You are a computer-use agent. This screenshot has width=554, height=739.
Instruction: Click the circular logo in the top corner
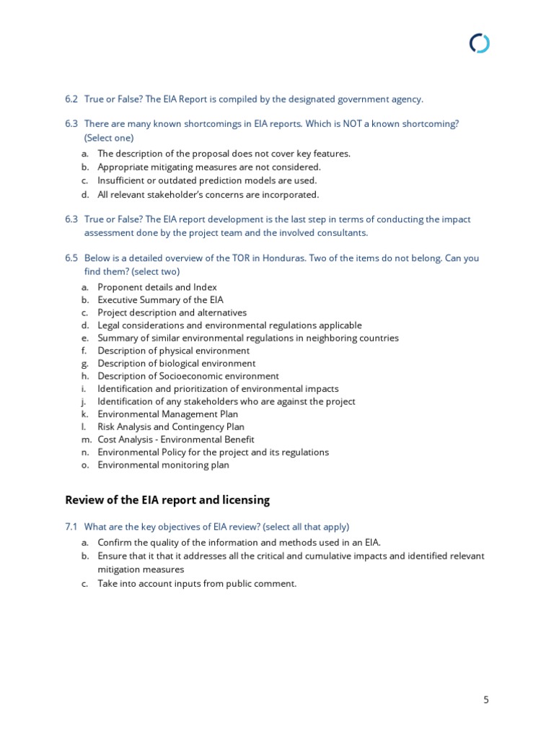[479, 44]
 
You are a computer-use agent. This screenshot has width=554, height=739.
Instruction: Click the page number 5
[485, 699]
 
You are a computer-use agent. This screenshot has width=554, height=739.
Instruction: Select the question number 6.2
[71, 99]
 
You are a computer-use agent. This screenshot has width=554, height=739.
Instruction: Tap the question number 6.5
[71, 258]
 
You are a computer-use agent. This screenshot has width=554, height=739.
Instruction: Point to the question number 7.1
[71, 527]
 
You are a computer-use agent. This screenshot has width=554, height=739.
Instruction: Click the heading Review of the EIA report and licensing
[167, 499]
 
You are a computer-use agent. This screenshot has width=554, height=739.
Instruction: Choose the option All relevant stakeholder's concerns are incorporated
[208, 194]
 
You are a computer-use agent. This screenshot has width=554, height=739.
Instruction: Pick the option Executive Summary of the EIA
[160, 299]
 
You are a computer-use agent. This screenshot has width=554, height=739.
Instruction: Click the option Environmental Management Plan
[167, 414]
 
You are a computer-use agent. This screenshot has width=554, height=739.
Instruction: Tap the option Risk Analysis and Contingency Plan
[171, 427]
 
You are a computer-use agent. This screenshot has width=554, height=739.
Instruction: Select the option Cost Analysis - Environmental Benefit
[176, 440]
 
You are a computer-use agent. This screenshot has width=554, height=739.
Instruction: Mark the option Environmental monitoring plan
[163, 465]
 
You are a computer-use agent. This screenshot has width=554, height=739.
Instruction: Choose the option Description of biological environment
[176, 363]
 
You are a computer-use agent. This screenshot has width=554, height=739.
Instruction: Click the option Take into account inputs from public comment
[197, 583]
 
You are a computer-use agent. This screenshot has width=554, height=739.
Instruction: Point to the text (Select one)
[109, 137]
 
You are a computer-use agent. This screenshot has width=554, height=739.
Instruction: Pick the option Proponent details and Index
[157, 287]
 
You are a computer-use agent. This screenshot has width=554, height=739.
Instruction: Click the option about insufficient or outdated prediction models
[207, 180]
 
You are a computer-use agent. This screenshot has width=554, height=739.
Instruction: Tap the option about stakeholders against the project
[226, 401]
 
